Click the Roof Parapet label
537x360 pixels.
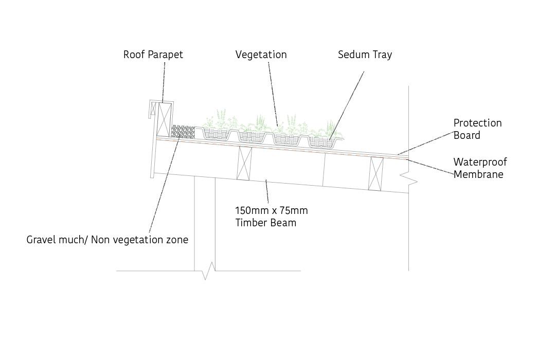coord(153,55)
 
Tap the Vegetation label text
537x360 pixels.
coord(261,55)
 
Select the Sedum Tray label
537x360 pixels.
coord(365,55)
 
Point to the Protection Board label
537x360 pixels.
coord(477,129)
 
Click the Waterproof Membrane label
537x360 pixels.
coord(480,168)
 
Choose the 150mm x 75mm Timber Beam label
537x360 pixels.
coord(271,217)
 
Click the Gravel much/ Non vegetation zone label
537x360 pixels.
coord(107,240)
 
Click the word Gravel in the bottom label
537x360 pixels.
coord(41,240)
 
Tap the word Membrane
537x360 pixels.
coord(478,174)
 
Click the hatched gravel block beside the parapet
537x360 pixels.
coord(183,132)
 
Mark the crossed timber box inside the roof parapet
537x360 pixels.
coord(165,119)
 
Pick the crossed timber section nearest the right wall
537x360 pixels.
coord(377,173)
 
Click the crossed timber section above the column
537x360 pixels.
coord(244,163)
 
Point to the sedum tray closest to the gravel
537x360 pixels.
coord(217,134)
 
